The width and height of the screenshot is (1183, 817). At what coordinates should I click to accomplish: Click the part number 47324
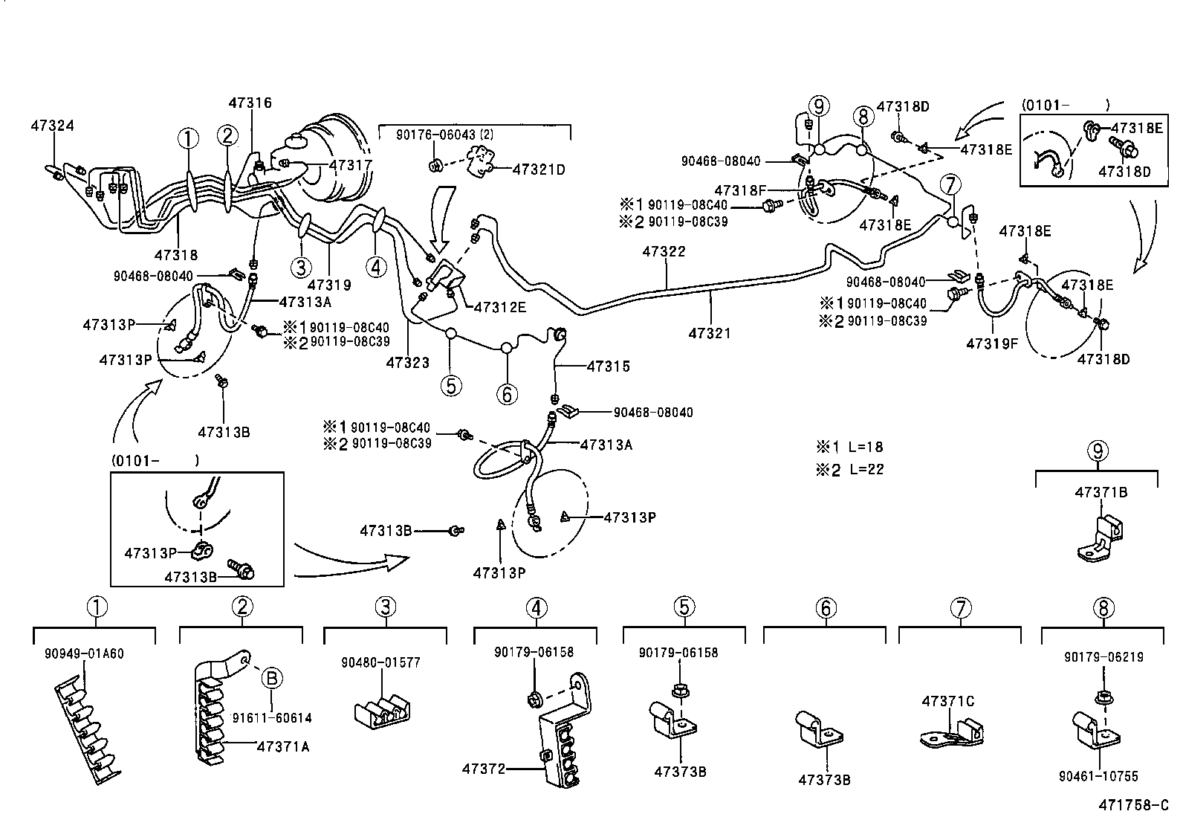tap(52, 126)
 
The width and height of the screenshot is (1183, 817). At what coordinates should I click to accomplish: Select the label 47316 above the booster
tap(250, 103)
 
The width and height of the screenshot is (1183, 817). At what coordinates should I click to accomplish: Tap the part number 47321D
tap(539, 169)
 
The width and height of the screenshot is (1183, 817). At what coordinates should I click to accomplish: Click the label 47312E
tap(499, 306)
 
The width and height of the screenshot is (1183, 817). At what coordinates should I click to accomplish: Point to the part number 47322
tap(664, 252)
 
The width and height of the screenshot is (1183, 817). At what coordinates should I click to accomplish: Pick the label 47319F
tap(992, 343)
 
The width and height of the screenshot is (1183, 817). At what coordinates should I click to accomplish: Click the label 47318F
tap(740, 190)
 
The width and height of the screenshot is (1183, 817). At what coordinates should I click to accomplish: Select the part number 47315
tap(608, 366)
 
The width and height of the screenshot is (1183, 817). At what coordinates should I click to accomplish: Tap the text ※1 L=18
tap(850, 448)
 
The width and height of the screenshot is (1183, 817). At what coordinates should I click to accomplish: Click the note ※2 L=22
tap(850, 470)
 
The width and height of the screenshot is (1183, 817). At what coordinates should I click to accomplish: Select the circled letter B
tap(271, 678)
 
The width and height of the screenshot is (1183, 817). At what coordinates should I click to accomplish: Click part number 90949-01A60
tap(82, 654)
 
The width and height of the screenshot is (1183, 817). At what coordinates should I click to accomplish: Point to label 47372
tap(483, 769)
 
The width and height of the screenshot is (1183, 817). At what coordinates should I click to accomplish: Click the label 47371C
tap(947, 701)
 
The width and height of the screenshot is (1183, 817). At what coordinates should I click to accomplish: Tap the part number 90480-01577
tap(380, 662)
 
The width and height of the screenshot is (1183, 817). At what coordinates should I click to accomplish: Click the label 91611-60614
tap(271, 718)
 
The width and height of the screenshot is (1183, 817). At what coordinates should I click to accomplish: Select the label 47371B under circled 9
tap(1101, 492)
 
